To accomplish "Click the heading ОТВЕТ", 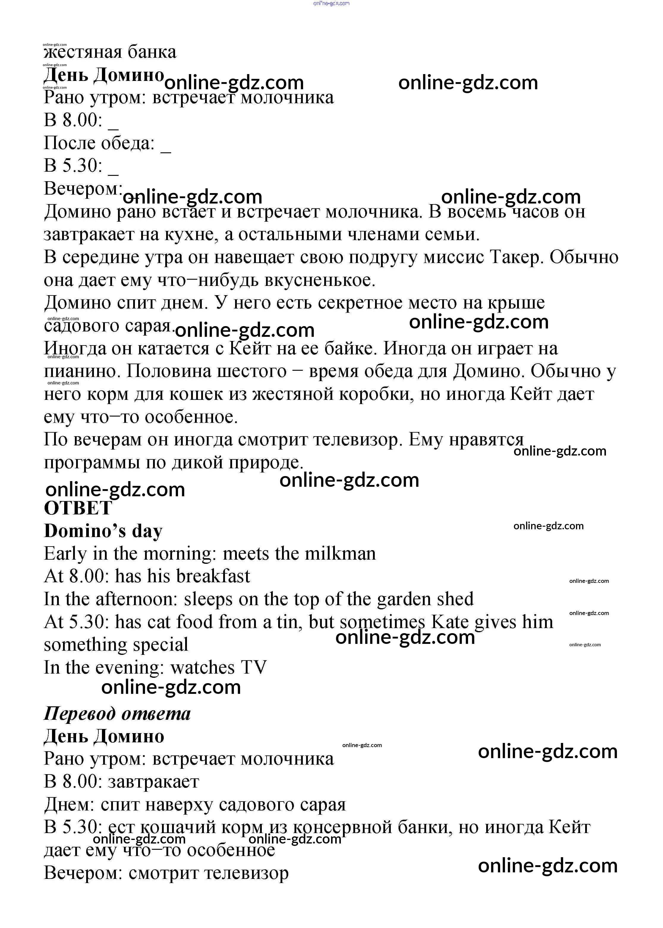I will tap(78, 508).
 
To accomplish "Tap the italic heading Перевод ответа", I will tap(117, 713).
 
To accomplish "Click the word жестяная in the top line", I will tap(83, 52).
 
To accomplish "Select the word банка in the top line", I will tap(152, 52).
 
